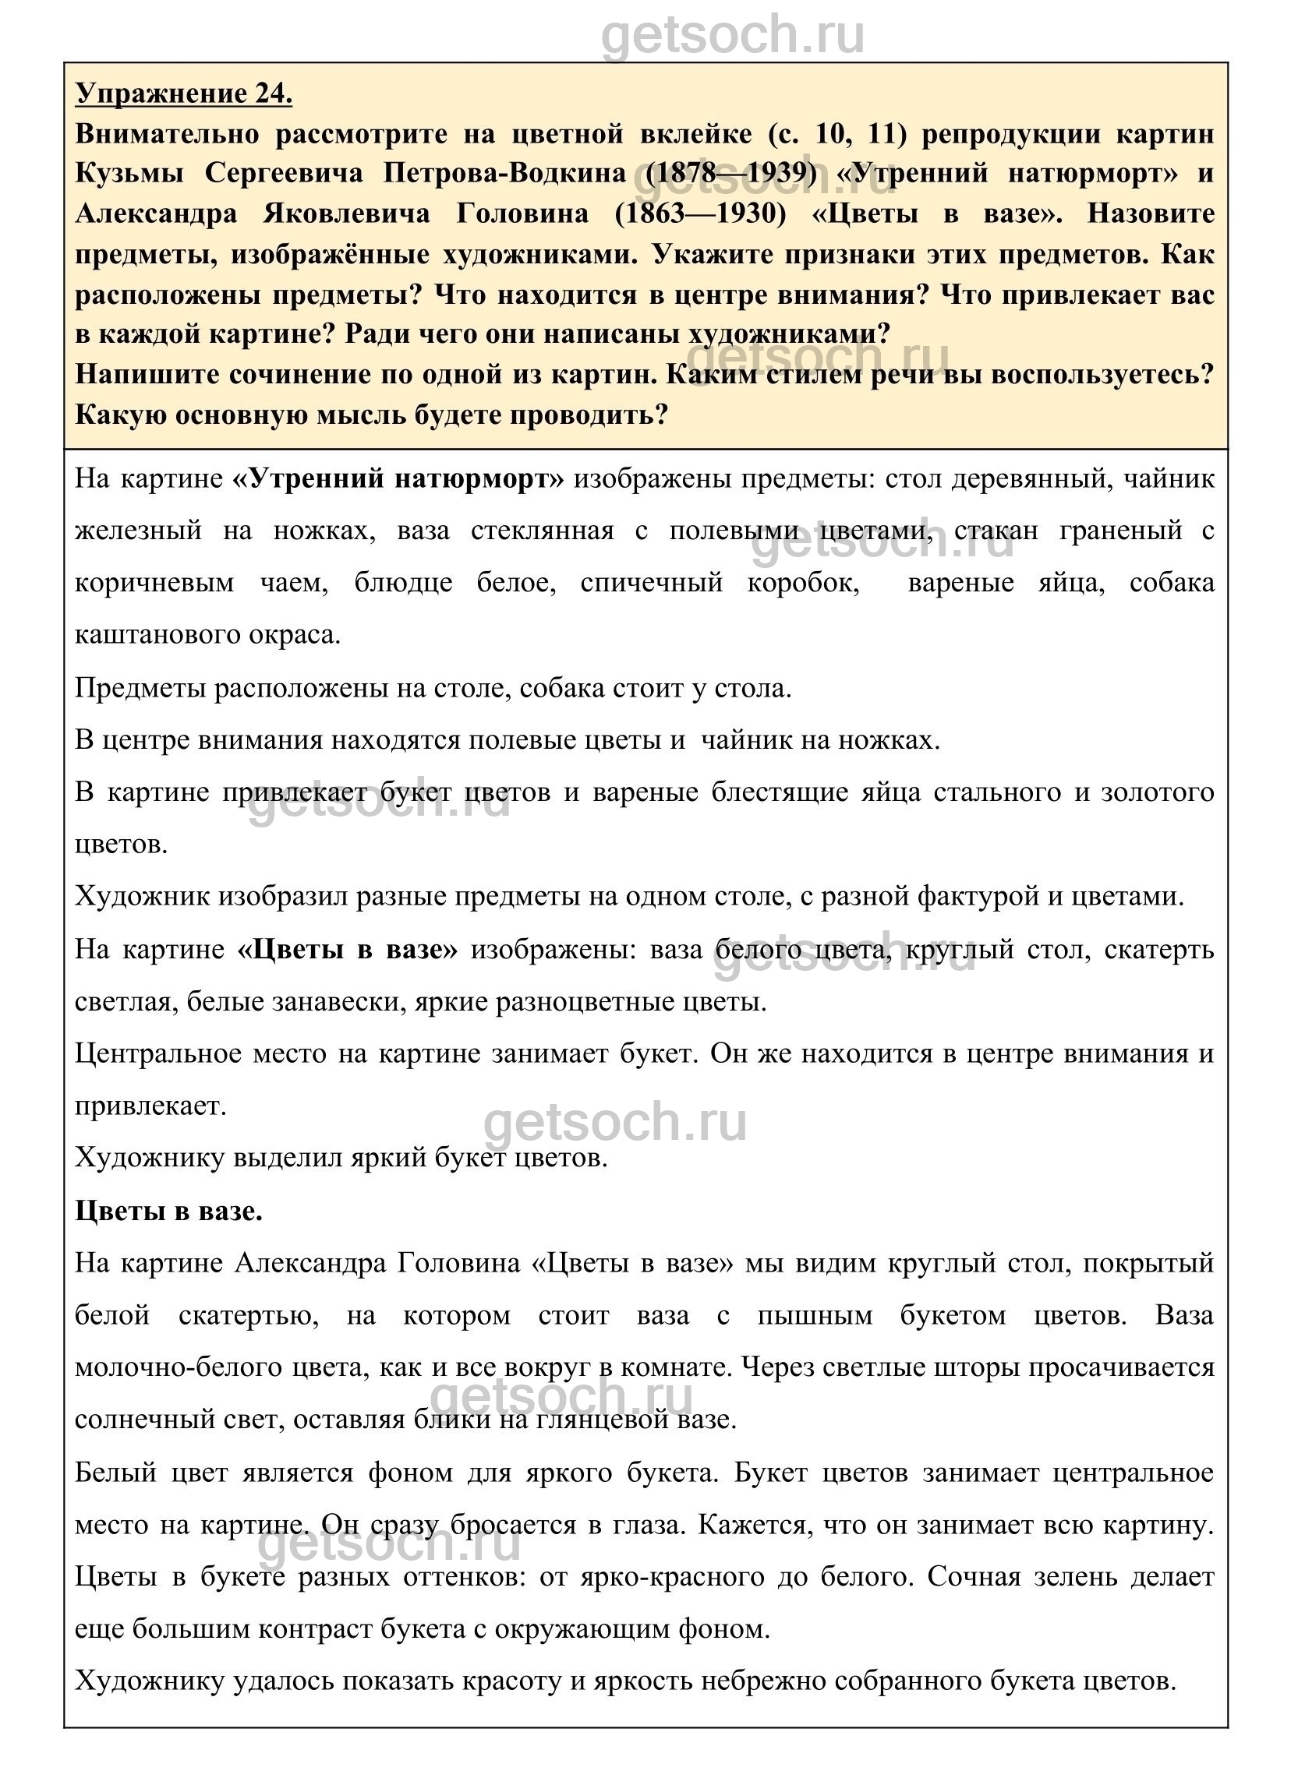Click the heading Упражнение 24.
click(x=183, y=94)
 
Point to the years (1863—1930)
click(x=700, y=214)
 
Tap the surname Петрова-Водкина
click(x=504, y=173)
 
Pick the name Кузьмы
click(x=130, y=173)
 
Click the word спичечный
click(x=652, y=584)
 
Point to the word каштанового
click(x=156, y=634)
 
